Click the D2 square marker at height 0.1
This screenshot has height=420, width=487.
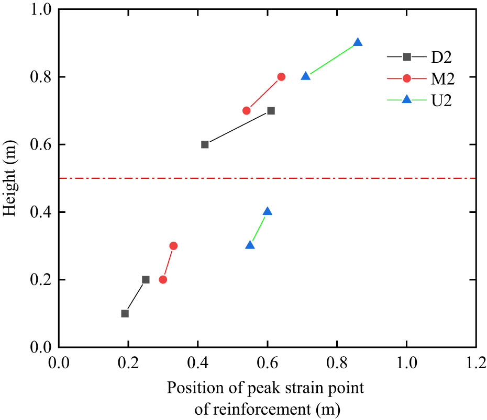click(125, 313)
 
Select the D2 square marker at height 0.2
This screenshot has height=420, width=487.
click(146, 279)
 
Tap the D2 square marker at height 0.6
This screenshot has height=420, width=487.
click(205, 144)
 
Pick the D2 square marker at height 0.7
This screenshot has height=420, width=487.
click(271, 110)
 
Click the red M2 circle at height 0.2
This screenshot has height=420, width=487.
click(163, 279)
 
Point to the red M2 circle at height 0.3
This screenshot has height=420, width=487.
click(173, 245)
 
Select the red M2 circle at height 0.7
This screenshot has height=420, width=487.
click(246, 110)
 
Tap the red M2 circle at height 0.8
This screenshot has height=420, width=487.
click(281, 76)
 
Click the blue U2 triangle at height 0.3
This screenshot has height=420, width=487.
click(250, 245)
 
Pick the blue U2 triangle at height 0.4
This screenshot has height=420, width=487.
click(268, 211)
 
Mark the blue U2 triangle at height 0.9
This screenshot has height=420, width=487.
click(358, 42)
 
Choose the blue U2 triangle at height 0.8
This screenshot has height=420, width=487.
click(306, 76)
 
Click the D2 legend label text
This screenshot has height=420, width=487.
click(438, 56)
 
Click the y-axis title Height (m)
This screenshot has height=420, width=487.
click(11, 178)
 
